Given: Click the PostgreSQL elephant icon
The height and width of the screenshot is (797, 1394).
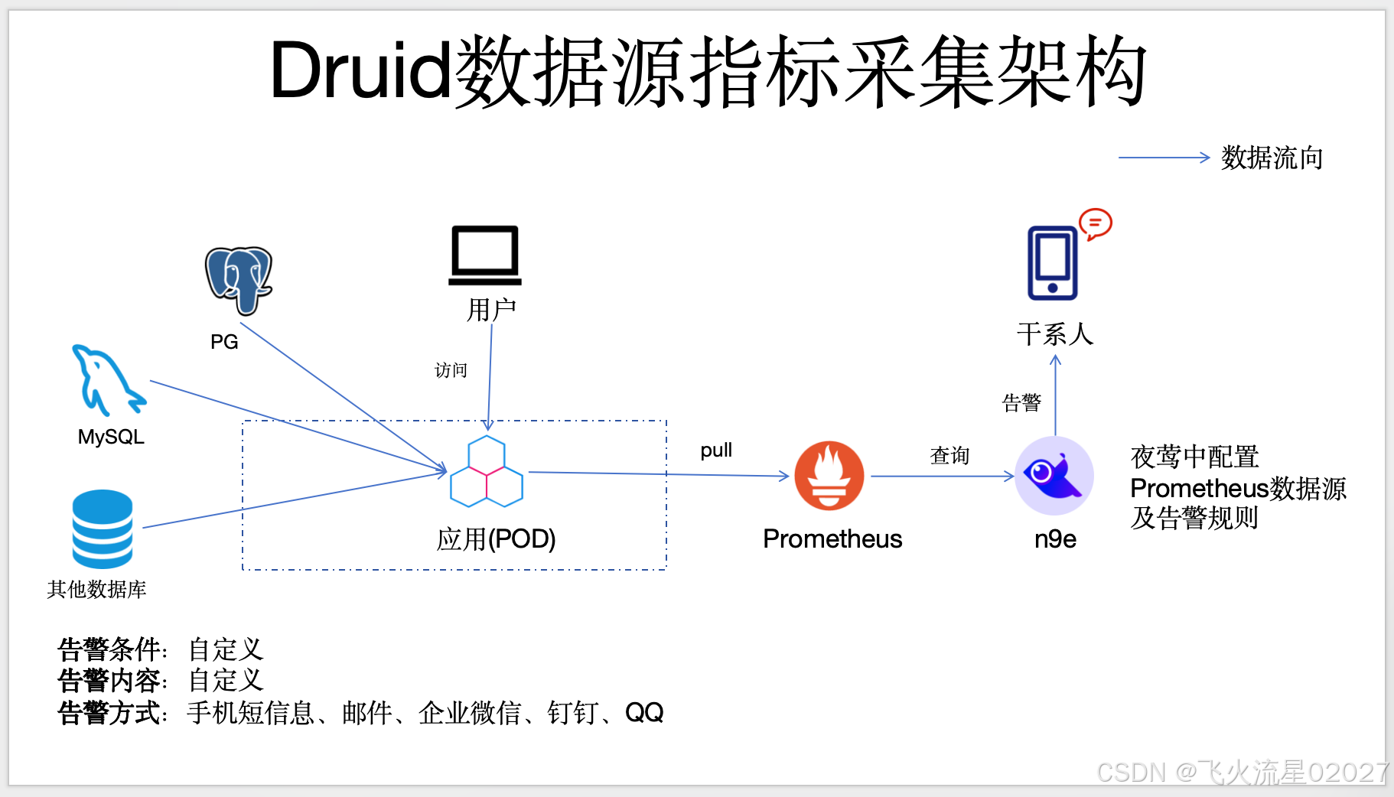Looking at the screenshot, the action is [x=239, y=280].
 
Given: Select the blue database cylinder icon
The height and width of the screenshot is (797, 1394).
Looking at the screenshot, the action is [x=103, y=529].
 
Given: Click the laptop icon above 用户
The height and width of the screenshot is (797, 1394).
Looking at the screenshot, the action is [x=485, y=255].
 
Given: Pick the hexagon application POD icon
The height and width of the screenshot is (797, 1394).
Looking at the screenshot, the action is [x=487, y=472].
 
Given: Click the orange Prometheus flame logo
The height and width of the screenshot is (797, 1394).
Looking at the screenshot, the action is [x=829, y=476].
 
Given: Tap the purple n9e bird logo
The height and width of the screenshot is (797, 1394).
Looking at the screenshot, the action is [x=1054, y=476].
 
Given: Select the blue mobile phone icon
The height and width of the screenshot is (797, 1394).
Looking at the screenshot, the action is [x=1053, y=263].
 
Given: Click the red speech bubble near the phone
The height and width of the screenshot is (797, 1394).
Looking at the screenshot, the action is [x=1095, y=224].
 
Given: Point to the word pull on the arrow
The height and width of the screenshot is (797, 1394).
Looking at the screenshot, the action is [x=716, y=450].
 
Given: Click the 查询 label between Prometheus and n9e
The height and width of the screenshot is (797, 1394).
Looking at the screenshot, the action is [x=949, y=456].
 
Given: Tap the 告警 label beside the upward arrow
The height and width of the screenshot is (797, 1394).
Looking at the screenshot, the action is [x=1021, y=402].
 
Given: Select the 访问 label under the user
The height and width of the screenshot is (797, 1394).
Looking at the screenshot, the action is [x=451, y=371].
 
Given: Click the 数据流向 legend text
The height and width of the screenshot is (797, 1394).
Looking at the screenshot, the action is [x=1272, y=158].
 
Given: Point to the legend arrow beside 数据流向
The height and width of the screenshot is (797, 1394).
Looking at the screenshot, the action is [x=1163, y=158].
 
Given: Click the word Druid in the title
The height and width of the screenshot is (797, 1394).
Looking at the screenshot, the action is [x=360, y=70].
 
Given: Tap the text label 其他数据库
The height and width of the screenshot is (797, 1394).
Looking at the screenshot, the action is [x=96, y=589].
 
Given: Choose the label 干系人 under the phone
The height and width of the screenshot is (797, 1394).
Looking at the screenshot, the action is [x=1055, y=334].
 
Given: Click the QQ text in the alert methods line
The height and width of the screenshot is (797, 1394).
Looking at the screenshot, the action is [x=644, y=713].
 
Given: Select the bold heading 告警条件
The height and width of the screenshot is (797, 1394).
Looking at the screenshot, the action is [x=109, y=649].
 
